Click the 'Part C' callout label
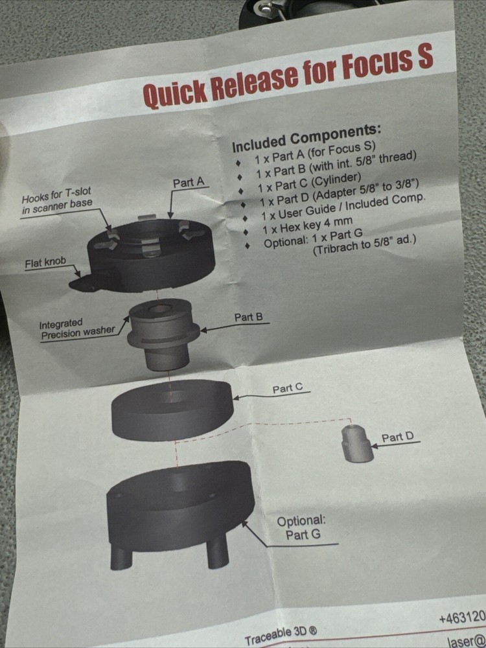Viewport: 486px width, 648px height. point(287,388)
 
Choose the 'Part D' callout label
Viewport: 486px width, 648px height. point(397,437)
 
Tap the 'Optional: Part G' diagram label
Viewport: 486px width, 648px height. point(301,528)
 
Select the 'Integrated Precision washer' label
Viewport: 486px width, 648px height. point(76,329)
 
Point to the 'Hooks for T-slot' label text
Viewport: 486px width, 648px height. point(57,198)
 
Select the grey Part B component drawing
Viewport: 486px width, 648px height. point(162,330)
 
